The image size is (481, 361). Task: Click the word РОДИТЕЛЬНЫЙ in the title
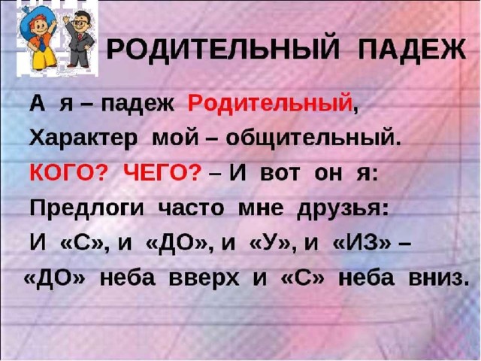(223, 48)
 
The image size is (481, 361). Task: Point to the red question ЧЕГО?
(164, 174)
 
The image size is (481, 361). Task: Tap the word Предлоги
(87, 209)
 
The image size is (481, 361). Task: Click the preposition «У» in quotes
(269, 244)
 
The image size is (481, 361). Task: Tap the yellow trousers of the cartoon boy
(43, 57)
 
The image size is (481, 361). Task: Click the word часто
(191, 209)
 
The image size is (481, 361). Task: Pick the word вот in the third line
(279, 174)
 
